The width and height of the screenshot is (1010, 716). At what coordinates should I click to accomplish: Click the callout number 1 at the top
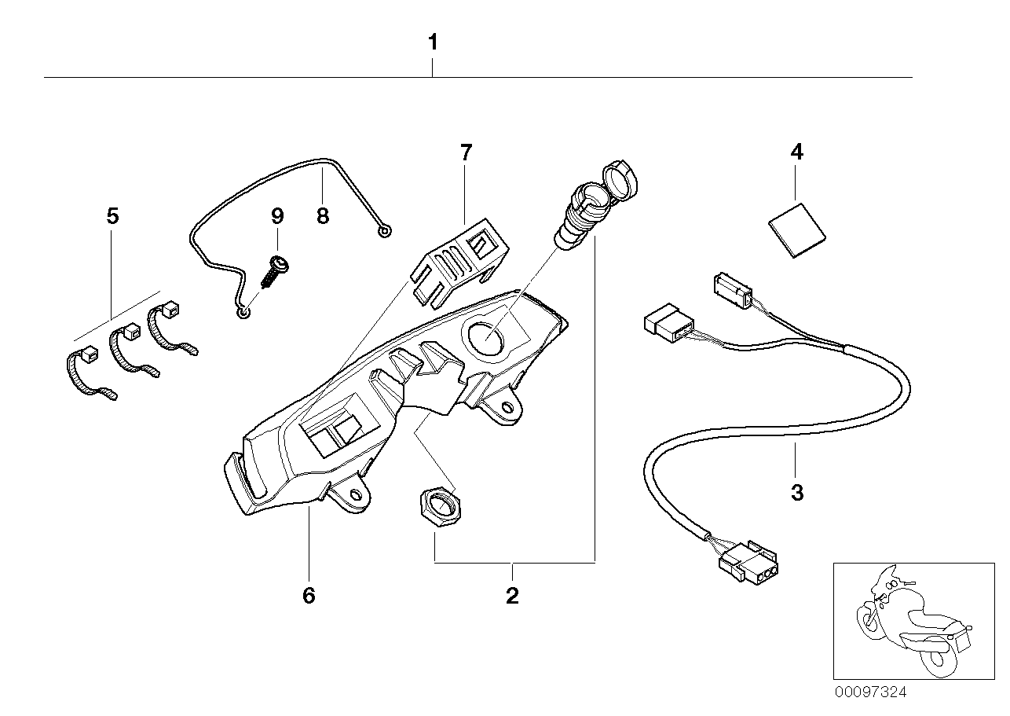[x=433, y=42]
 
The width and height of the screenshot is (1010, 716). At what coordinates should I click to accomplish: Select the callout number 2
[x=512, y=596]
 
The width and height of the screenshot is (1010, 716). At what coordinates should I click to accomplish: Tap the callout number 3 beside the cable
[x=796, y=493]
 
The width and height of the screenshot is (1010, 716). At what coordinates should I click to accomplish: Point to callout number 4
[x=796, y=152]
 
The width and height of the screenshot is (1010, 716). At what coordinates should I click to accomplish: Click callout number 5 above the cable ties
[x=112, y=215]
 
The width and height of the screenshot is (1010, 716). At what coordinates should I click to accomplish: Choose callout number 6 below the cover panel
[x=309, y=596]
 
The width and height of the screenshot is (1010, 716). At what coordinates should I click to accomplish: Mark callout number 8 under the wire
[x=323, y=215]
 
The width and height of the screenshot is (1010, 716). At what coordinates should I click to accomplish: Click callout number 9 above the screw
[x=277, y=215]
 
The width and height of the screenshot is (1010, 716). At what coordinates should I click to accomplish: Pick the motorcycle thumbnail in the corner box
[x=913, y=620]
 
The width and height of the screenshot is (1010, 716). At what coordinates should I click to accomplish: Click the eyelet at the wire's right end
[x=384, y=232]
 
